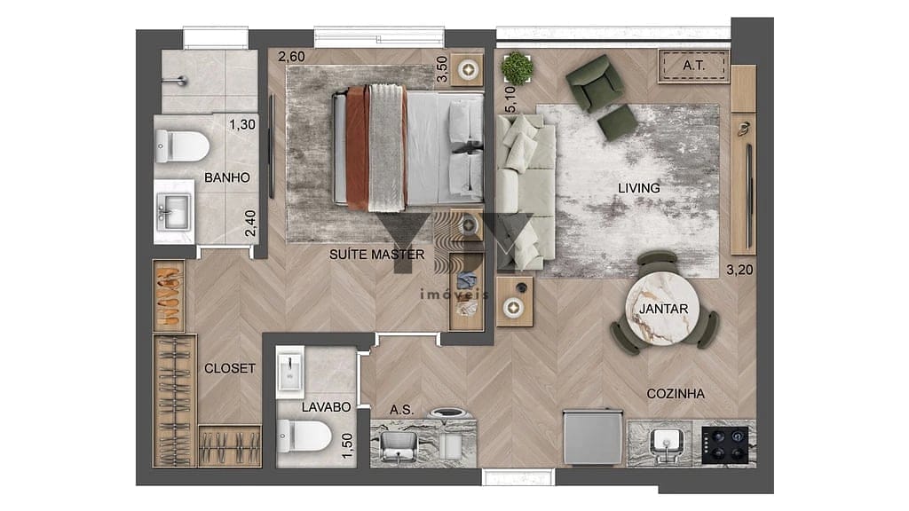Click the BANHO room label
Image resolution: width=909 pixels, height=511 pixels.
point(226,177)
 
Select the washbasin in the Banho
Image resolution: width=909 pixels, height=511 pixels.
point(173,211)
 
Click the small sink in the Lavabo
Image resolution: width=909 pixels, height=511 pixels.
point(290,373)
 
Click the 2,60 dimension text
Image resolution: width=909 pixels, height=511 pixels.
point(293,58)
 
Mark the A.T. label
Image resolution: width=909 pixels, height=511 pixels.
point(694,66)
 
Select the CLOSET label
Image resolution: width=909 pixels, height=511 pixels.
point(230,368)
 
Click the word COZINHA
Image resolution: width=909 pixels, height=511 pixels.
point(676,393)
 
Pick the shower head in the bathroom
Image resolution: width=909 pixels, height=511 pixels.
point(181,81)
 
